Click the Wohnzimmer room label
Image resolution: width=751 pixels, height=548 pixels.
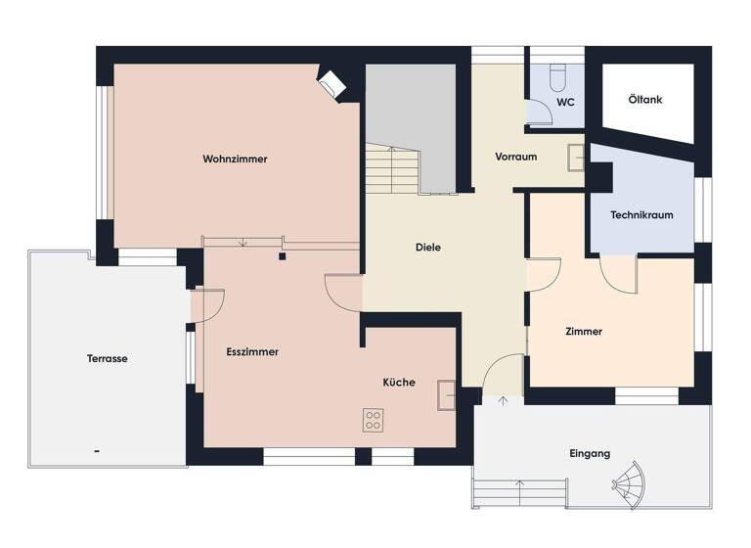coord(235,159)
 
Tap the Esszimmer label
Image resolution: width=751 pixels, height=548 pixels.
coord(252,351)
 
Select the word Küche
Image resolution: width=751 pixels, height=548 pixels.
coord(399,383)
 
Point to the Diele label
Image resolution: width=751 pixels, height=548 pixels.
coord(427,248)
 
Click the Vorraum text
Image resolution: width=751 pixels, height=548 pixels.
coord(515,157)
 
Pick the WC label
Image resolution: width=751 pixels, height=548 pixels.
coord(565,101)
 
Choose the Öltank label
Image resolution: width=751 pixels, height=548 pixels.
coord(645,99)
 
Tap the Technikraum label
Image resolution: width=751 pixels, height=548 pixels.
coord(641,215)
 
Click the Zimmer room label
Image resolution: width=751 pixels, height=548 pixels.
coord(584,332)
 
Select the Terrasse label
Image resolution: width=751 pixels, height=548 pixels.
coord(107,358)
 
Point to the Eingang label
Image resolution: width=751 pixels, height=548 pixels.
coord(590,453)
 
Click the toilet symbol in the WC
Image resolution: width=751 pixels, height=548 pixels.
coord(556,76)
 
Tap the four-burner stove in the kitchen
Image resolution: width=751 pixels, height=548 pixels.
coord(374,421)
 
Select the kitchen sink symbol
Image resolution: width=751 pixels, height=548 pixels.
coord(447,394)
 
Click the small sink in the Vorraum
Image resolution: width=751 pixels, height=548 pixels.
coord(577,157)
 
